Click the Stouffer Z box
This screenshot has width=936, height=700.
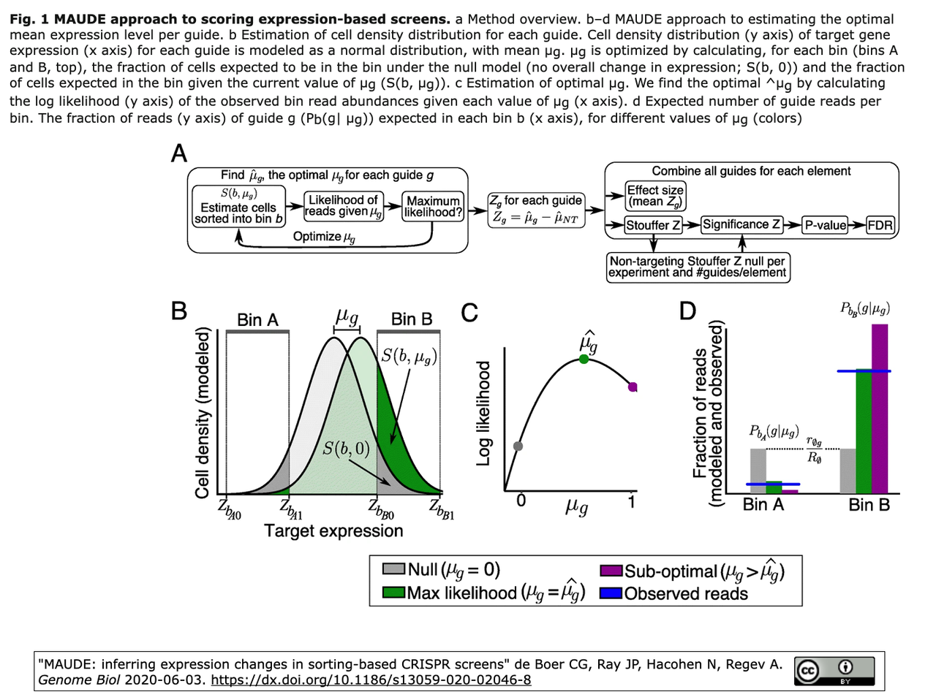(652, 226)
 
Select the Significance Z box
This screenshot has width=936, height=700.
(741, 225)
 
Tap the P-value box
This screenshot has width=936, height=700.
(824, 226)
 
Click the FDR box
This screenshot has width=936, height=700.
(880, 226)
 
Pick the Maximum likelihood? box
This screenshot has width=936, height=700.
(433, 207)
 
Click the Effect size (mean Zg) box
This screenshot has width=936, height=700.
(655, 196)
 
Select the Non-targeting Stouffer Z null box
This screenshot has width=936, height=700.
(698, 267)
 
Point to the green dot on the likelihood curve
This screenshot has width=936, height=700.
(584, 359)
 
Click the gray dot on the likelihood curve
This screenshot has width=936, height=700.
(518, 446)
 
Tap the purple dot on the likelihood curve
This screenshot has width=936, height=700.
(633, 387)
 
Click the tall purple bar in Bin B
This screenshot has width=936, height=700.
(880, 408)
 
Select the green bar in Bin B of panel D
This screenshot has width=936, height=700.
(864, 432)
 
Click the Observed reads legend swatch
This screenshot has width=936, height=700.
(610, 593)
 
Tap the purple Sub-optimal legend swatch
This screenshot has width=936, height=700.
(610, 571)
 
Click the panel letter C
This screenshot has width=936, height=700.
(469, 313)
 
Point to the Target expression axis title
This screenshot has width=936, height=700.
(333, 531)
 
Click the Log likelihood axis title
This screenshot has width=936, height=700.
(483, 413)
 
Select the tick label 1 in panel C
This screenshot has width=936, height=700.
(632, 502)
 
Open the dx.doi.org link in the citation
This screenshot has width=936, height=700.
(371, 680)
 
